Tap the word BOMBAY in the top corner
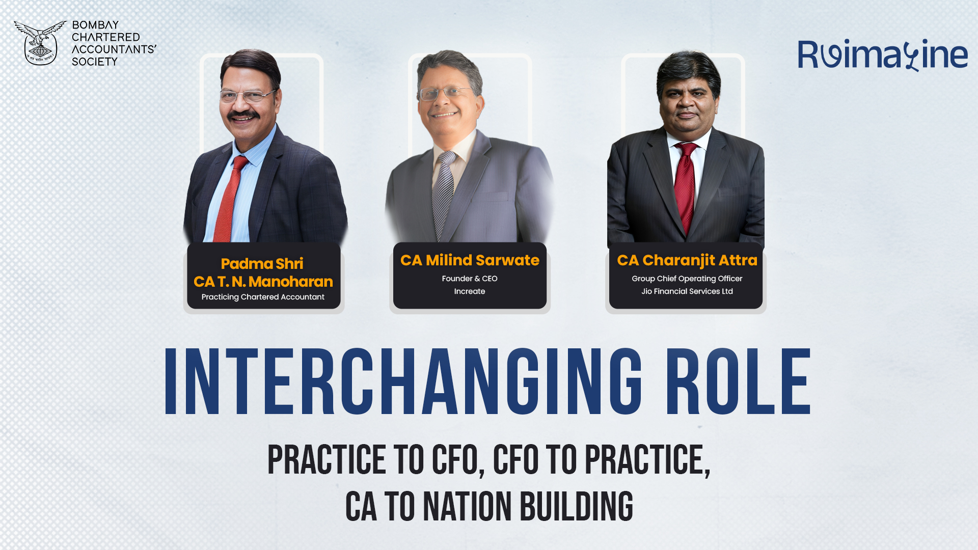pos(95,25)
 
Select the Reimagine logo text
pos(882,54)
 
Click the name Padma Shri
pos(262,263)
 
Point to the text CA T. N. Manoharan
pos(263,282)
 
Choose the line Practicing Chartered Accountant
pos(263,297)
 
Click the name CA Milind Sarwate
pos(470,260)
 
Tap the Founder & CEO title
pos(470,279)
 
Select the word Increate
pos(470,291)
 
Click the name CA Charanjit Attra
pos(687,260)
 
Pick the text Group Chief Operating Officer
pos(687,279)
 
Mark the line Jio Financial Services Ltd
pos(687,291)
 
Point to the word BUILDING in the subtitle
pos(576,507)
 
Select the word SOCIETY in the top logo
pos(95,62)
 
